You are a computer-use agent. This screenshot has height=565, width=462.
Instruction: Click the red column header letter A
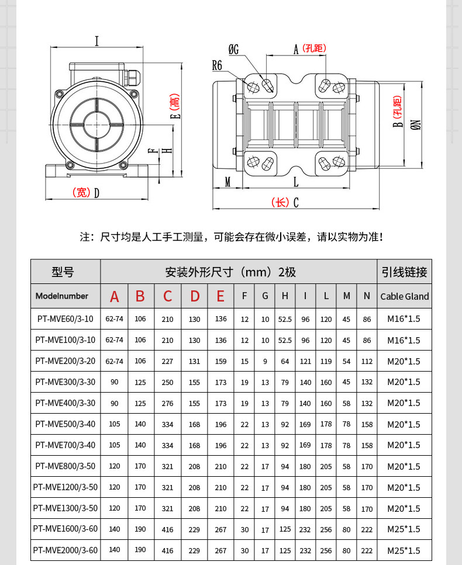(x=114, y=296)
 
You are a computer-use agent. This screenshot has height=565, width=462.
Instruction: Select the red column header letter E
(x=220, y=296)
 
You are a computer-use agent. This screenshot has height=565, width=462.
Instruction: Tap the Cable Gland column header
(x=404, y=296)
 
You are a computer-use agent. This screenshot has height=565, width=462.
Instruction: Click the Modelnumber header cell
(x=61, y=296)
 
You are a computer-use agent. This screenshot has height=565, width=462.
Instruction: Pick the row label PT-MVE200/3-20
(x=65, y=361)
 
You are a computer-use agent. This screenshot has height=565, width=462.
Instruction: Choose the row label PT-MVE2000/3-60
(x=65, y=550)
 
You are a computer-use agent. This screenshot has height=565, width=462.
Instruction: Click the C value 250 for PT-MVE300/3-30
(x=167, y=382)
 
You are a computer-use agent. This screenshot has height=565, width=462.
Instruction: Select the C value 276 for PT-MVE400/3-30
(x=167, y=403)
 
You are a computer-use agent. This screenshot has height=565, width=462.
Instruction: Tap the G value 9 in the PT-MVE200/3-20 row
(x=265, y=361)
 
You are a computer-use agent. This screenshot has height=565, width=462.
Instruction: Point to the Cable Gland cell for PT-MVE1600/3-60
(x=404, y=529)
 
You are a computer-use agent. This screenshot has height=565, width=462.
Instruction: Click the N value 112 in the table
(x=367, y=361)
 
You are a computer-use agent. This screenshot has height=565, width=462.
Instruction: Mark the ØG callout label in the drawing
(x=233, y=50)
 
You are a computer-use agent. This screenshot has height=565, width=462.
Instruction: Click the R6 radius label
(x=217, y=65)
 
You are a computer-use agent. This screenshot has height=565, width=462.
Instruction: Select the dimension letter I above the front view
(x=96, y=41)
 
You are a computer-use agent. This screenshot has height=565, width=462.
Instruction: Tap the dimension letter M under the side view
(x=227, y=182)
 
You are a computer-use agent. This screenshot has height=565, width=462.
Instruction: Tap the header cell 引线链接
(x=404, y=272)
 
